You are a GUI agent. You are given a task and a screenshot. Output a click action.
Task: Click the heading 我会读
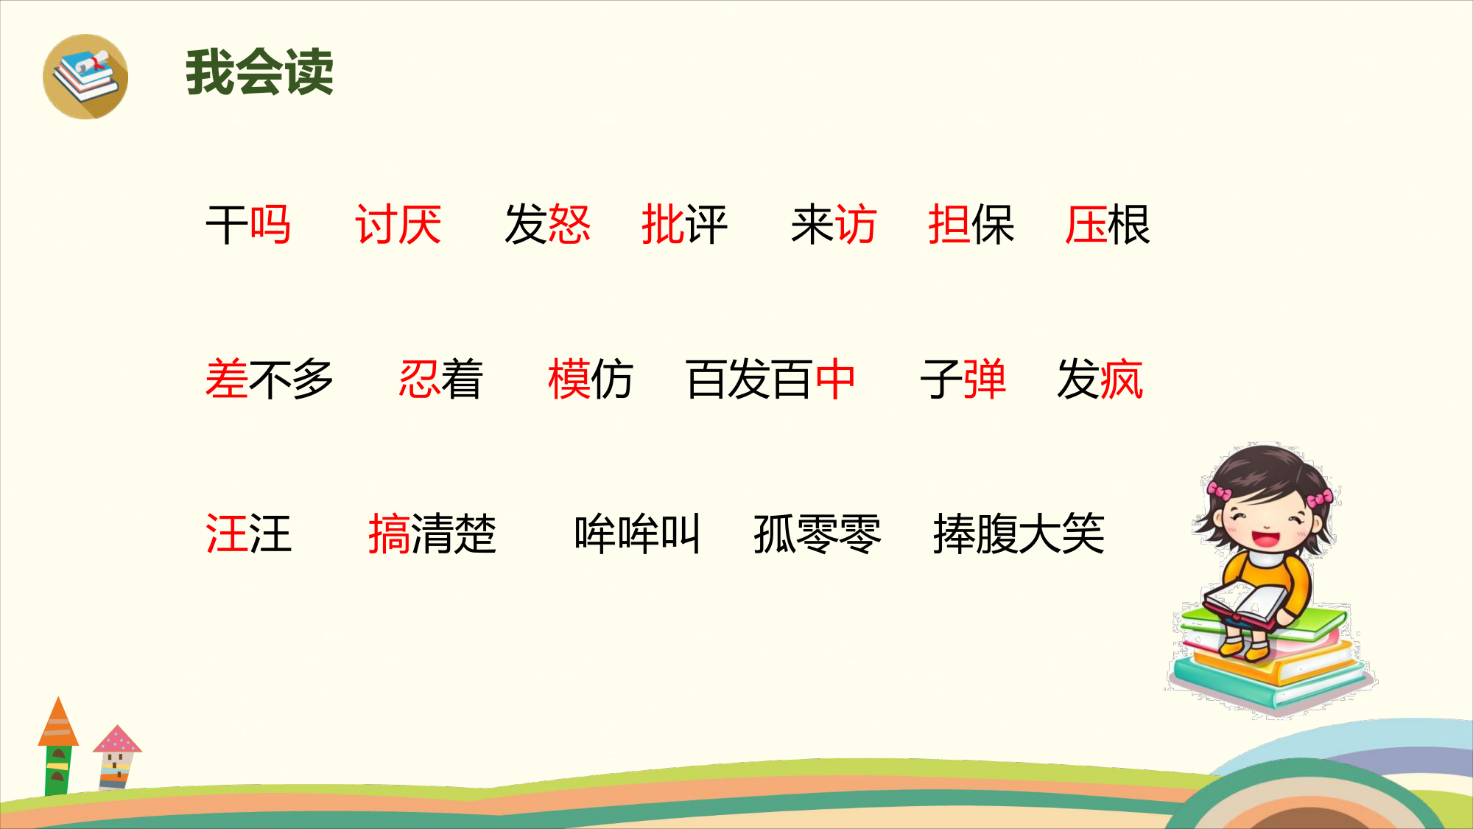point(259,72)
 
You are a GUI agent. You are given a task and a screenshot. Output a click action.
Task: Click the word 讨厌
point(398,225)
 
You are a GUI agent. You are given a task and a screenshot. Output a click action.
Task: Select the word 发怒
point(548,225)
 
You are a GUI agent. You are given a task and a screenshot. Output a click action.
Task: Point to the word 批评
point(684,225)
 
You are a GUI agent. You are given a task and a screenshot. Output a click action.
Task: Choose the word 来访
point(834,225)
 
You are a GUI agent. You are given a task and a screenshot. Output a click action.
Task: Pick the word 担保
point(971,225)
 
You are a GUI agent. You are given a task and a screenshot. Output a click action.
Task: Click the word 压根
point(1108,225)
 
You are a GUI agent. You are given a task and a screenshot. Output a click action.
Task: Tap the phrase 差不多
point(270,379)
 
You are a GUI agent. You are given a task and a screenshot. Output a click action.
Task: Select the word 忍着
point(440,379)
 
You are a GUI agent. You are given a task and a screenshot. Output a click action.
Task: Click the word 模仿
point(591,379)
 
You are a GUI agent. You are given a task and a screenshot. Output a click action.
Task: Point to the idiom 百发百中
point(770,379)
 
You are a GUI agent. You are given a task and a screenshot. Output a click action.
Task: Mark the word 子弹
point(963,379)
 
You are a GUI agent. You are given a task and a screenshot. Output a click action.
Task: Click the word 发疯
point(1100,379)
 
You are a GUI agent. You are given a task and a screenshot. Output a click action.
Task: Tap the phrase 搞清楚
point(432,534)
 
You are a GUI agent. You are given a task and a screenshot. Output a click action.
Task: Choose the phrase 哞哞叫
point(638,534)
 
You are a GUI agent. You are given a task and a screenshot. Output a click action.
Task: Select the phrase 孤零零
point(818,534)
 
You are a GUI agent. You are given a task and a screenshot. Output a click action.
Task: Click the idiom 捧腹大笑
point(1019,534)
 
